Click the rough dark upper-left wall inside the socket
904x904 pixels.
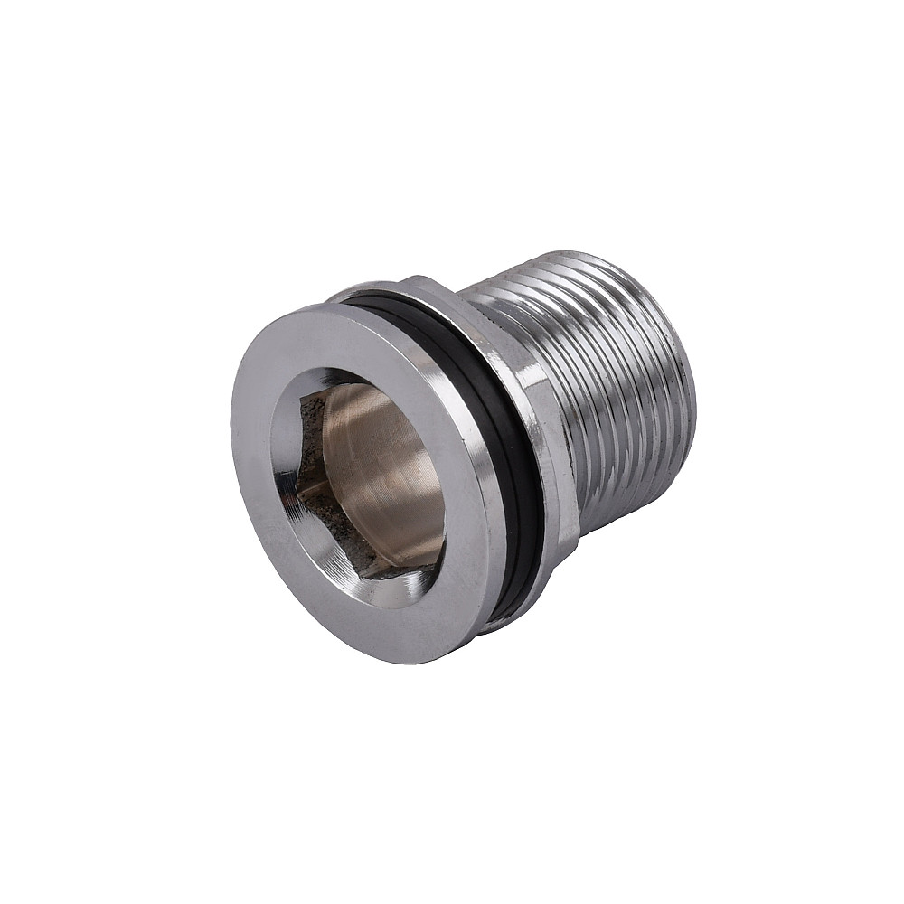[x=310, y=425]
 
